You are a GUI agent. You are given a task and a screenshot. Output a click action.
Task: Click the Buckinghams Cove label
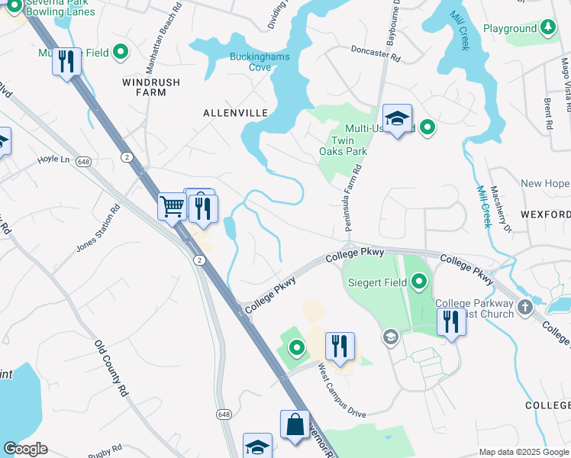point(251,61)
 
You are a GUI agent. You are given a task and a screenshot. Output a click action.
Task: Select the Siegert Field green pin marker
point(418,283)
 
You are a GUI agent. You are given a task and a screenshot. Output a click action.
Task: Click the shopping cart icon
point(172,205)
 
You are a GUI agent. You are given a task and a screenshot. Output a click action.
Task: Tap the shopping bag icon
point(295,425)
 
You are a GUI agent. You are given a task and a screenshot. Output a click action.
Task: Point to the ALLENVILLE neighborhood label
point(236,113)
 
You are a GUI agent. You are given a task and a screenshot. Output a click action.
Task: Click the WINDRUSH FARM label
point(144,86)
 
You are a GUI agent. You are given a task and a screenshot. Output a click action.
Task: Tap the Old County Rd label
point(111,367)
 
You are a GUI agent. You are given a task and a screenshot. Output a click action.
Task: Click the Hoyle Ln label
point(53,160)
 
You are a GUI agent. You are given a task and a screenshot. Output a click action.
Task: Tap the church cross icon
point(524,308)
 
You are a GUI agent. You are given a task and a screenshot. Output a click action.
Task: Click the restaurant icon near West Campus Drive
point(340,345)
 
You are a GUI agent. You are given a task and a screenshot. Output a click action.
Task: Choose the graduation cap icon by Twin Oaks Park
point(397,118)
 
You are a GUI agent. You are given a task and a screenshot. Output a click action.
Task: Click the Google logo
point(25,449)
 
